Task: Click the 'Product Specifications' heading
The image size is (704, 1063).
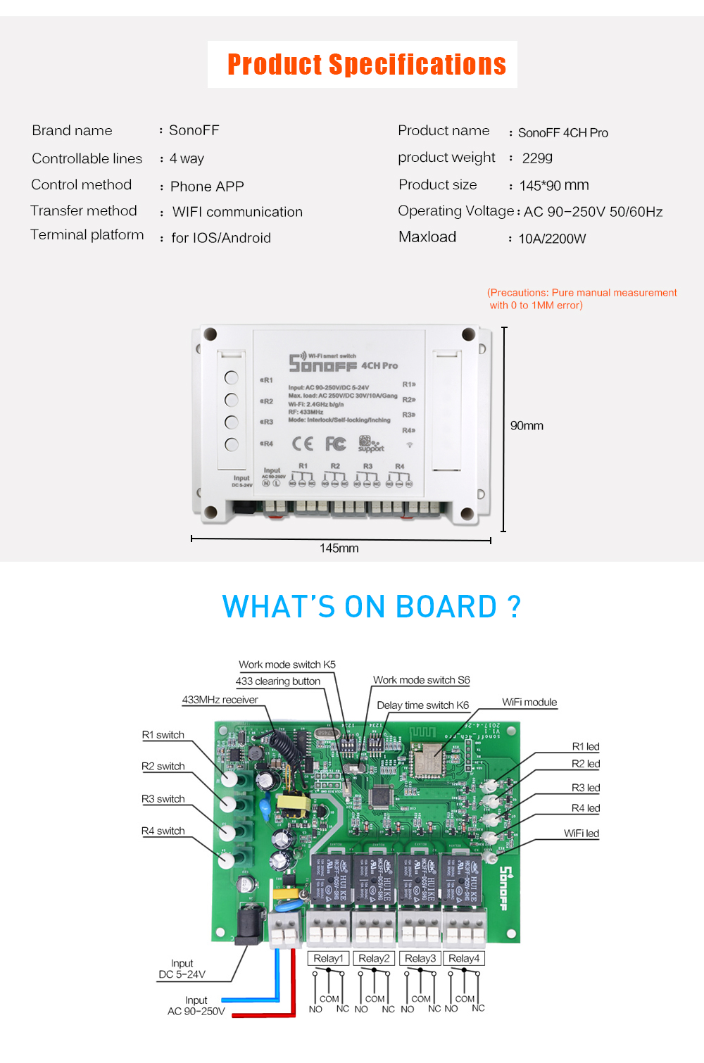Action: point(366,64)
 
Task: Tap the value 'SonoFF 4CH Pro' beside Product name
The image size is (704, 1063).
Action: point(562,133)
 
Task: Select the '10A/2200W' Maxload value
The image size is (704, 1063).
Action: point(552,239)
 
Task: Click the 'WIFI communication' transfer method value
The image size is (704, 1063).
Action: point(237,212)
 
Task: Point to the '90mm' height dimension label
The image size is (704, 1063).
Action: point(527,426)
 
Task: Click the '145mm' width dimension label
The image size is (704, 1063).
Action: point(339,548)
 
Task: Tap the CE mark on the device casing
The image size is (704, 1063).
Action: point(303,444)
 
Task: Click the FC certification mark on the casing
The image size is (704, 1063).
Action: point(335,444)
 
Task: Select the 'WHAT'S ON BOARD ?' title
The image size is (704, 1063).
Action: point(371,607)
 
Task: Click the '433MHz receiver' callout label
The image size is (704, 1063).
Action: point(220,700)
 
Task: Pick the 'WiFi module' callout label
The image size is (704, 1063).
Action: point(529,703)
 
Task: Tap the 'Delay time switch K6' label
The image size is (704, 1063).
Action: point(422,705)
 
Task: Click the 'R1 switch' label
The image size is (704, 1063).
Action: point(163,735)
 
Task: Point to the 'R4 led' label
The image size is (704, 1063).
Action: point(585,808)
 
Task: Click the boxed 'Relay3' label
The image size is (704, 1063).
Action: point(420,958)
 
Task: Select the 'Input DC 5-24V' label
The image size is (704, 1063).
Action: point(182,969)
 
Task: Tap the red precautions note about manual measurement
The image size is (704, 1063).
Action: point(582,299)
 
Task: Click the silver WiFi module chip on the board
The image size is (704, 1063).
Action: point(427,759)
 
